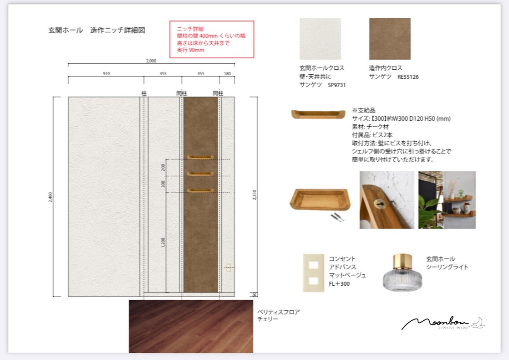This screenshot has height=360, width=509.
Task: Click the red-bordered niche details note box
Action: click(x=212, y=39)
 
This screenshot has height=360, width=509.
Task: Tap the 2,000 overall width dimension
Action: click(x=151, y=61)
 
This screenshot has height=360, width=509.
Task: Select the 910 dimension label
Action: click(x=106, y=74)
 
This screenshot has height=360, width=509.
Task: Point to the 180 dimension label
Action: click(x=227, y=74)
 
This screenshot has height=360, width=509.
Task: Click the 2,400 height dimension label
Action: click(x=51, y=197)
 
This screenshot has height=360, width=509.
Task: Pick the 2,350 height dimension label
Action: click(x=254, y=195)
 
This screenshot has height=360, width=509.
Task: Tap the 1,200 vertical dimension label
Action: click(x=163, y=242)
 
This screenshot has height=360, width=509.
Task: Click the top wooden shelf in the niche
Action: click(x=200, y=157)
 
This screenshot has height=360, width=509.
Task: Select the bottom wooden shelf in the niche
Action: click(x=200, y=190)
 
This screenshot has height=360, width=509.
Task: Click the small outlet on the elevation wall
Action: click(x=229, y=268)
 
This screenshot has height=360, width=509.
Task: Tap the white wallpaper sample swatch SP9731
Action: click(x=320, y=39)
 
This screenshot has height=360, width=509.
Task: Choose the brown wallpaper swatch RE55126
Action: click(x=390, y=39)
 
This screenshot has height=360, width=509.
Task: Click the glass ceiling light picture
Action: click(x=402, y=273)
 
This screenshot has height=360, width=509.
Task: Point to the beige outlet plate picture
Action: click(x=314, y=273)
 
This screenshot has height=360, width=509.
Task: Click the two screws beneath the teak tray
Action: click(x=337, y=217)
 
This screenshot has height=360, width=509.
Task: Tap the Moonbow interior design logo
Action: click(x=443, y=323)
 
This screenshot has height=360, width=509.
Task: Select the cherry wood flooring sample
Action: click(x=191, y=326)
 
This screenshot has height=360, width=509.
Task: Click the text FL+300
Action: click(x=339, y=283)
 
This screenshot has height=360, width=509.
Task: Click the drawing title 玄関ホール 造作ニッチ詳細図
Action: click(x=97, y=30)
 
